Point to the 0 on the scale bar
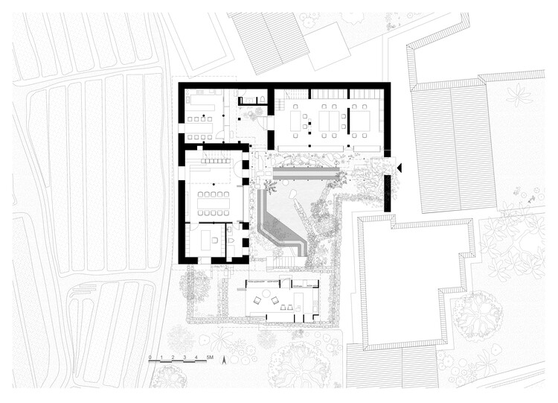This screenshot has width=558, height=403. (x=150, y=358)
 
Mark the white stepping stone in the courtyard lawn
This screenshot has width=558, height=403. (x=295, y=197)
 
